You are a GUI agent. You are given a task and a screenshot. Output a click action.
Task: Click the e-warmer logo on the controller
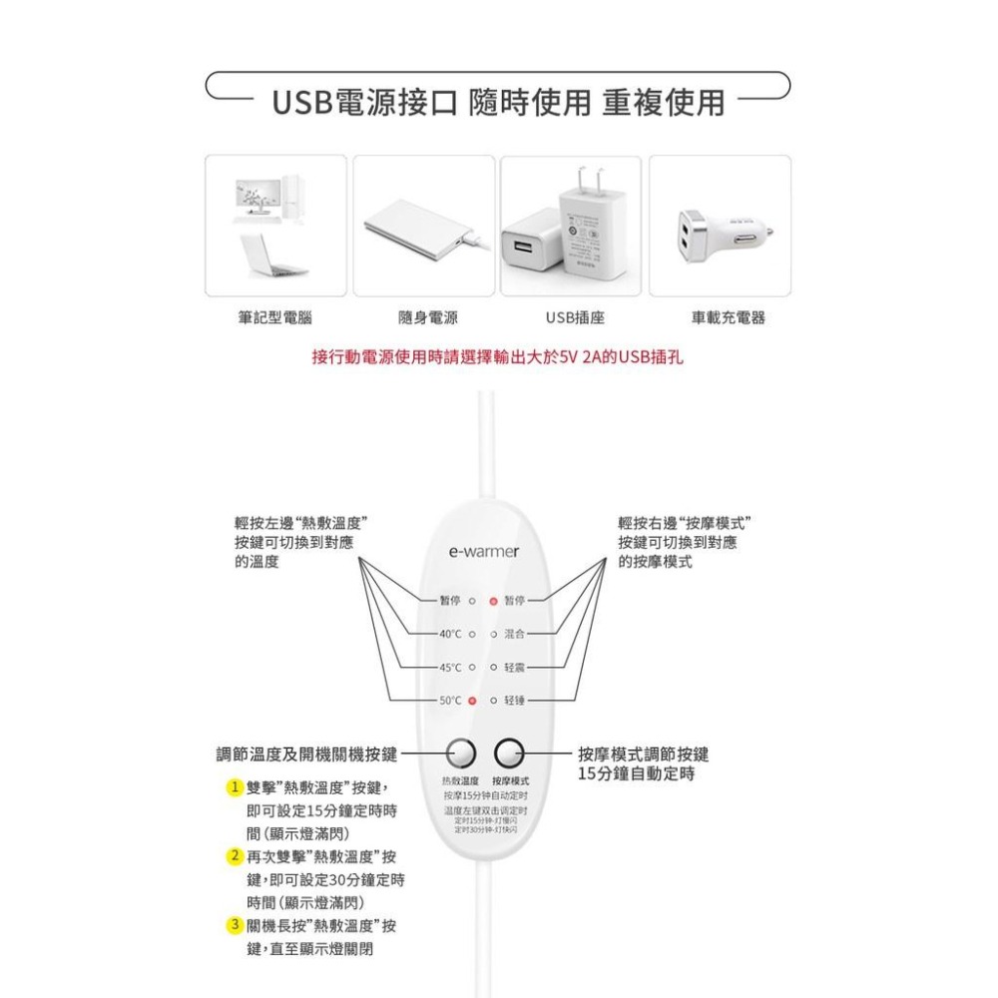[x=484, y=551]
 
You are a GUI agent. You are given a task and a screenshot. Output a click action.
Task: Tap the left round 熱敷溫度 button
[x=461, y=752]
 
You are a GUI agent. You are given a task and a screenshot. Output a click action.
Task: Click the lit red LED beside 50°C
[x=472, y=701]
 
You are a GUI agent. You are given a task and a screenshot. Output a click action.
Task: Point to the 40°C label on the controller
[x=450, y=634]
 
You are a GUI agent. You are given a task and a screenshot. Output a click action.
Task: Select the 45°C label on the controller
[x=450, y=667]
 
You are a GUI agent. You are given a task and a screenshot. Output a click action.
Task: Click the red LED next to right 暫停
[x=493, y=602]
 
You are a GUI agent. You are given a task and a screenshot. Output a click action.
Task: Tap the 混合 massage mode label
[x=515, y=634]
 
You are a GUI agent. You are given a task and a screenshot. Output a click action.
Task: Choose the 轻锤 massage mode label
[x=515, y=701]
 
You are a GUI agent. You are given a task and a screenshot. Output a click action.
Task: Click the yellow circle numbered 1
[x=234, y=786]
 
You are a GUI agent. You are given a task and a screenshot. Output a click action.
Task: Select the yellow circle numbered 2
[x=234, y=856]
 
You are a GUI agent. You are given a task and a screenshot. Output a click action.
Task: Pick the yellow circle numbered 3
[x=234, y=925]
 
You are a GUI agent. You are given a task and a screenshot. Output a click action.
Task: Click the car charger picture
[x=720, y=232]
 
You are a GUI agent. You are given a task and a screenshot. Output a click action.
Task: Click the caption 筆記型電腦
[x=275, y=317]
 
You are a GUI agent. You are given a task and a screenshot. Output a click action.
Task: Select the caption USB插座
[x=575, y=317]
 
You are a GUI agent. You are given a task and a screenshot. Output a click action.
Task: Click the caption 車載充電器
[x=728, y=317]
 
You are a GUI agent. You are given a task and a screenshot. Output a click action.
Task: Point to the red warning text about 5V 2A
[x=498, y=356]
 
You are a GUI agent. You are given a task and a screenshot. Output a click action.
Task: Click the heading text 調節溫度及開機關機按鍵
[x=306, y=753]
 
